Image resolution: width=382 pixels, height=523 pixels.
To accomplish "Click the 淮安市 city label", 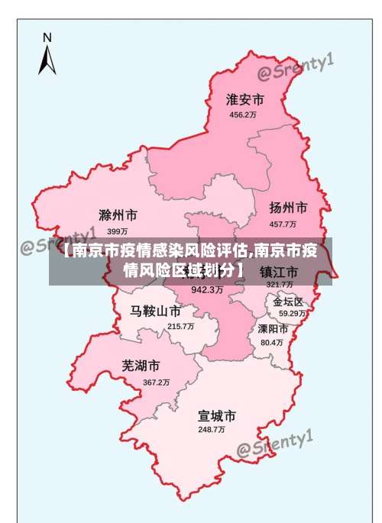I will pyautogui.click(x=244, y=100).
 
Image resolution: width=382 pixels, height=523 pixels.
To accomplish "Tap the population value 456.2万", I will pyautogui.click(x=243, y=115).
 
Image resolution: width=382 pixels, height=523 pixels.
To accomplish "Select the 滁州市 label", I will pyautogui.click(x=118, y=215).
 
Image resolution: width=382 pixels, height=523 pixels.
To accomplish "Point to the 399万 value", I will pyautogui.click(x=117, y=231).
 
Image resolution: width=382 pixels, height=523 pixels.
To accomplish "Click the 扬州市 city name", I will pyautogui.click(x=288, y=208).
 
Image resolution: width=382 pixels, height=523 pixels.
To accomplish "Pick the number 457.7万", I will pyautogui.click(x=283, y=224).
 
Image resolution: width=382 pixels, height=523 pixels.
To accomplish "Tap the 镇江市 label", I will pyautogui.click(x=278, y=272).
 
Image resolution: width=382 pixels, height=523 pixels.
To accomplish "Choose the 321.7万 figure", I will pyautogui.click(x=280, y=285).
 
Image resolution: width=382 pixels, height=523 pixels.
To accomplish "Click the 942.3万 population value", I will pyautogui.click(x=207, y=290).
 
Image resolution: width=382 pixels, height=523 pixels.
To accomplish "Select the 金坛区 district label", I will pyautogui.click(x=288, y=302).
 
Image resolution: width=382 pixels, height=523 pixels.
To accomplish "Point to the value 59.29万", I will pyautogui.click(x=292, y=313).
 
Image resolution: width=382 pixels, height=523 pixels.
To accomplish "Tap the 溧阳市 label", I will pyautogui.click(x=273, y=329).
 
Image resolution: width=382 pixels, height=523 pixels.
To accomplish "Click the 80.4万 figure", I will pyautogui.click(x=271, y=343).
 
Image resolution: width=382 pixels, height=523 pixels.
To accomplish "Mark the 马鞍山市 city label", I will pyautogui.click(x=155, y=312).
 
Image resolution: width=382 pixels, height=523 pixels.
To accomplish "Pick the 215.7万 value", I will pyautogui.click(x=180, y=326).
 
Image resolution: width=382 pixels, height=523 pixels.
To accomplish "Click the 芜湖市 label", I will pyautogui.click(x=141, y=366).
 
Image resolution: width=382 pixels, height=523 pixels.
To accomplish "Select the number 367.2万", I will pyautogui.click(x=156, y=382).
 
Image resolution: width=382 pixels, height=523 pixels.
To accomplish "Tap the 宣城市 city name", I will pyautogui.click(x=216, y=416).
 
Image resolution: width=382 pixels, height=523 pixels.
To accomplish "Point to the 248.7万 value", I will pyautogui.click(x=212, y=430).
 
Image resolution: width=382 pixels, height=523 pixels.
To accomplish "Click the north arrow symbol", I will pyautogui.click(x=47, y=56).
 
